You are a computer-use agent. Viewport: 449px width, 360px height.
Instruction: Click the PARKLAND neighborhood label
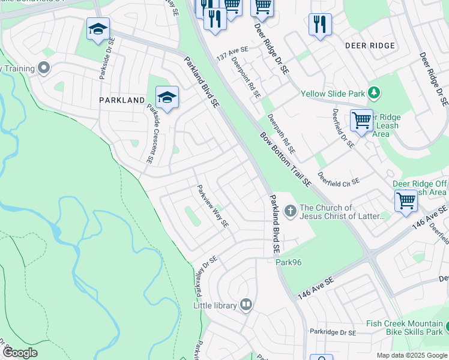pos(122,100)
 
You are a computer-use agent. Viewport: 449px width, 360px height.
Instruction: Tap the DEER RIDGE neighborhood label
pos(370,46)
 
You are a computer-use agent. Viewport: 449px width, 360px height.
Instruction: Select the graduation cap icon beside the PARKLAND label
pos(167,97)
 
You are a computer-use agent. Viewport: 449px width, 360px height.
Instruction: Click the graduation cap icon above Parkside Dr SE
pos(98,29)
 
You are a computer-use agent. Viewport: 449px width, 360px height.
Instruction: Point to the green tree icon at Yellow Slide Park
pos(374,92)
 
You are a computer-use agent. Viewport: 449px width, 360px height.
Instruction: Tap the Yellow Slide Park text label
pos(333,94)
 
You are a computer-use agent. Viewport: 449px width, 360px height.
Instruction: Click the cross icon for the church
pos(290,211)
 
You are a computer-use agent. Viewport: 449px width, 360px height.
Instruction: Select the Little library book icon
pos(246,305)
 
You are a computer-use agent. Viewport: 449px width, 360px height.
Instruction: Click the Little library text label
pos(215,305)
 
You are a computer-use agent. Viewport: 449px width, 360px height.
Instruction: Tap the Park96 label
pos(286,262)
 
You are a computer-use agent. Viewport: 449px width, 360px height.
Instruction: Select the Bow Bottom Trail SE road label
pos(286,159)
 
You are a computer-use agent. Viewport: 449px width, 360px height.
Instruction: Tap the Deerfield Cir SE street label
pos(339,179)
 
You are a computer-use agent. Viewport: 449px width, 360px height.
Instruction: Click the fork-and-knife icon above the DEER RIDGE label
pos(319,25)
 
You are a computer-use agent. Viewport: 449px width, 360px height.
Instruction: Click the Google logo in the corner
pos(19,353)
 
